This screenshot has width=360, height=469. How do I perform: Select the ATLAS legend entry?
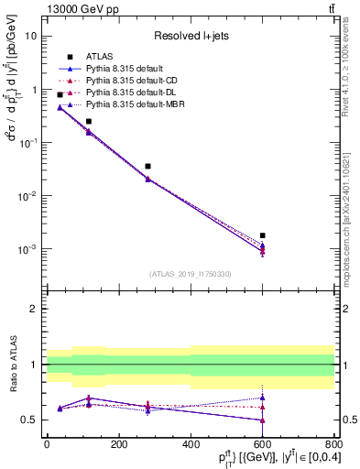click(x=99, y=56)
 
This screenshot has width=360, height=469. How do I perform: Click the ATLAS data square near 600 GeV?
click(x=263, y=235)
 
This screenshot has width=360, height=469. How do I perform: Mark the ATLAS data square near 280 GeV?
click(x=147, y=167)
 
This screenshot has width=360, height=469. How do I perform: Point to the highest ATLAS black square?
click(x=60, y=94)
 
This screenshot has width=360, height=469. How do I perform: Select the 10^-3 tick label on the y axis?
click(x=28, y=249)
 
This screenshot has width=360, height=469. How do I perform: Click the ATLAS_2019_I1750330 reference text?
click(x=190, y=274)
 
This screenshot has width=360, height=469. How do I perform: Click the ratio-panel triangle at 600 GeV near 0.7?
click(x=263, y=398)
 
